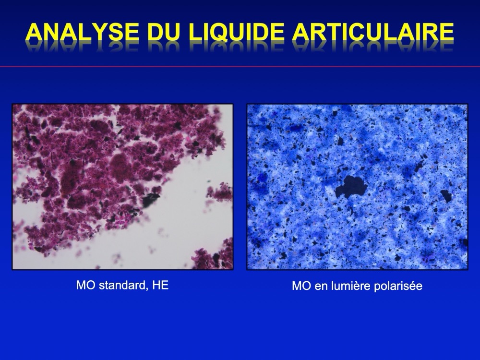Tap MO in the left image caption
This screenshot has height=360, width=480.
point(86,285)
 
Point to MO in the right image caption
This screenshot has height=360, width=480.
point(302,286)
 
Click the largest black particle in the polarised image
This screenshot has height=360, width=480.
point(351,187)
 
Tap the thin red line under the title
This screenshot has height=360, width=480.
point(240,66)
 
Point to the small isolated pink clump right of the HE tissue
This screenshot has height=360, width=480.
point(219,192)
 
